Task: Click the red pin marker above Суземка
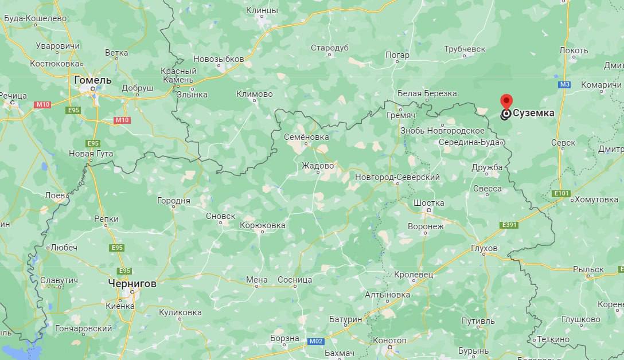tap(506, 101)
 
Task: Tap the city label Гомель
tap(92, 80)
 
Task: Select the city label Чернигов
tap(132, 283)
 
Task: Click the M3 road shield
tap(565, 85)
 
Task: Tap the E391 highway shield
tap(508, 225)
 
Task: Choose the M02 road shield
tap(316, 341)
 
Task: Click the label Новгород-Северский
tap(397, 177)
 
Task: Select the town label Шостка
tap(428, 203)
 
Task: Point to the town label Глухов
tap(483, 248)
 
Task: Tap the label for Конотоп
tap(389, 341)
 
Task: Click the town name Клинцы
tap(262, 10)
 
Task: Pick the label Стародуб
tap(329, 48)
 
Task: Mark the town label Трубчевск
tap(465, 49)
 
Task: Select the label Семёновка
tap(306, 137)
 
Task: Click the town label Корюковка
tap(262, 225)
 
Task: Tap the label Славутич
tap(58, 280)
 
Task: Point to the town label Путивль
tap(477, 321)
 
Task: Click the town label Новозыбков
tap(219, 59)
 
